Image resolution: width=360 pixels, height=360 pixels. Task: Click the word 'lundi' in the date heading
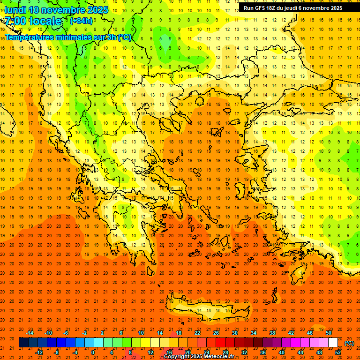coord(15,9)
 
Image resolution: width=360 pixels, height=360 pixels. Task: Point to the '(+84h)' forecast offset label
coord(81,21)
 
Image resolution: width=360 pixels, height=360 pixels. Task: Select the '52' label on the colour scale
coord(338,352)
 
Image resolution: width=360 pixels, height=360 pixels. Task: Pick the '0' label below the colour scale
coord(93,352)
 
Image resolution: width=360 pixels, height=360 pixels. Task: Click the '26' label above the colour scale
coord(216,333)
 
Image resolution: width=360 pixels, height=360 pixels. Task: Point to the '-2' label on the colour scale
coord(84,333)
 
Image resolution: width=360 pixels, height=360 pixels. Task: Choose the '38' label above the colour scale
coord(272,333)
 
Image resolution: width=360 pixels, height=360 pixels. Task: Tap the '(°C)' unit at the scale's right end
coord(349,343)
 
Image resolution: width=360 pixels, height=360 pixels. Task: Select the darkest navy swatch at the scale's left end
coord(23,343)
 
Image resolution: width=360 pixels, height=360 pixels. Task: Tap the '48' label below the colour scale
coord(319,352)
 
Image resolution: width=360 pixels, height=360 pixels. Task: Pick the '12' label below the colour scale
coord(150,352)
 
